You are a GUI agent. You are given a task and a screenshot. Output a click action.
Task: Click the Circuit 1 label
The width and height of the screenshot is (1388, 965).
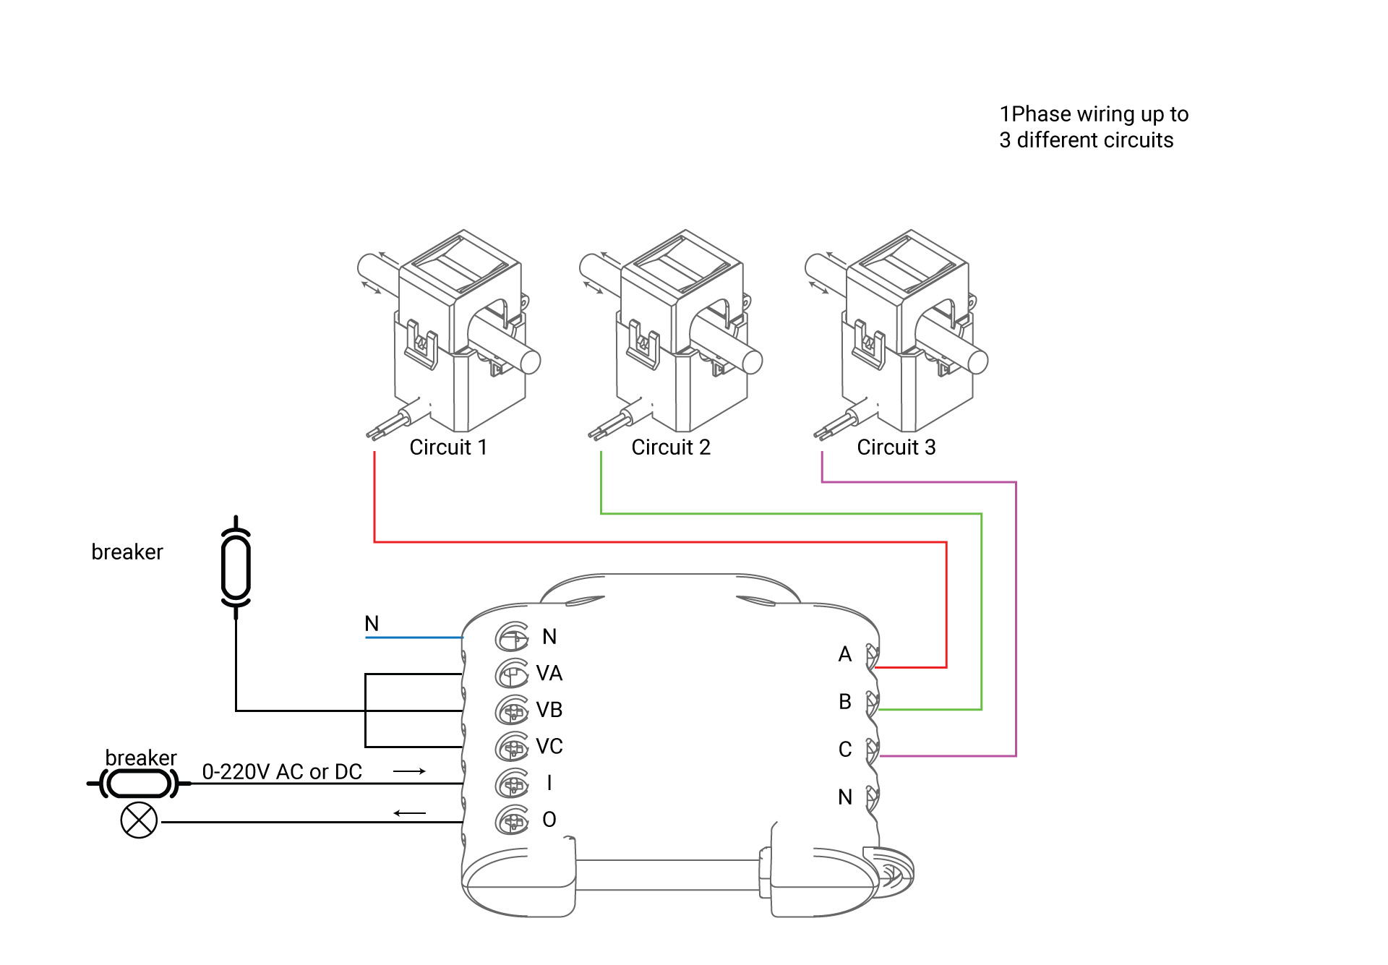(x=448, y=447)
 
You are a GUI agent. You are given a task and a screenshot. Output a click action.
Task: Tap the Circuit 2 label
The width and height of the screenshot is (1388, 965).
(x=671, y=447)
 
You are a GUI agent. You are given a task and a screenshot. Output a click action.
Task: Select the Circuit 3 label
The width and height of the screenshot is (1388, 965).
(x=896, y=447)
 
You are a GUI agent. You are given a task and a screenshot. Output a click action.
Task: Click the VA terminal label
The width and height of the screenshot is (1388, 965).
(x=549, y=674)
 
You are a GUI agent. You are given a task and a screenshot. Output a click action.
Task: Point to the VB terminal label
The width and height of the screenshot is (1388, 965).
(x=549, y=710)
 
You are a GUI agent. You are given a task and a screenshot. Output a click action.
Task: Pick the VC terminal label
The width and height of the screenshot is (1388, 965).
(x=549, y=747)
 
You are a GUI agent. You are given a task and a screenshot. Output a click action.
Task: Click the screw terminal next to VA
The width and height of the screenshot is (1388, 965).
(x=512, y=674)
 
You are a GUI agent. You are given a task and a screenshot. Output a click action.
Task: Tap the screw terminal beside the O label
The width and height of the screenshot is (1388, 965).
(x=512, y=820)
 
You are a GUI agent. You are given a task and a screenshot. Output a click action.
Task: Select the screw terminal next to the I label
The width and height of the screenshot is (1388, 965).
(x=512, y=783)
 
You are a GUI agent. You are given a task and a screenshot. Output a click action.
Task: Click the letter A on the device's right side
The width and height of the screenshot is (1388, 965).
(x=845, y=654)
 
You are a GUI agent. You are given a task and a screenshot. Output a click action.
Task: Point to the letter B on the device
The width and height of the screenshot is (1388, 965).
(x=845, y=702)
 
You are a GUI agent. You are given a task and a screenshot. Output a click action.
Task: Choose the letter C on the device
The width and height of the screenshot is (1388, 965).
(x=845, y=750)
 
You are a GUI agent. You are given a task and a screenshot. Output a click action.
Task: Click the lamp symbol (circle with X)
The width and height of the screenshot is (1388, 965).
(x=139, y=821)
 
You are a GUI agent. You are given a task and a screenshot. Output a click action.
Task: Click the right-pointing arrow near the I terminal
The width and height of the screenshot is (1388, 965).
(x=409, y=771)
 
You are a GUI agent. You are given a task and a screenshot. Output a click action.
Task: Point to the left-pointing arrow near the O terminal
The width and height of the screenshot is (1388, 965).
(x=409, y=813)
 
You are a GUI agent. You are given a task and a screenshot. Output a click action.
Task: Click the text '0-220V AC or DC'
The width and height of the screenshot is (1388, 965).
(x=282, y=772)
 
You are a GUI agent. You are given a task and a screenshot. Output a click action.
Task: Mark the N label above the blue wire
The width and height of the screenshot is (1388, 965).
(x=372, y=624)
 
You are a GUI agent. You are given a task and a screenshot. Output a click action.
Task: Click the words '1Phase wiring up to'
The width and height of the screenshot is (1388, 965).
(x=1094, y=114)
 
